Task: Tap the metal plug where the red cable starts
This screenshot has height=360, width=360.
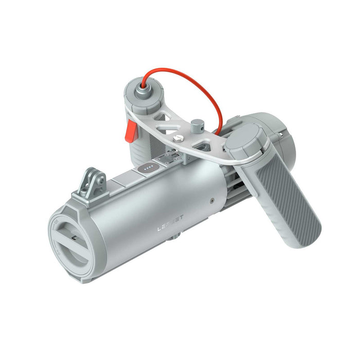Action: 138,89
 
